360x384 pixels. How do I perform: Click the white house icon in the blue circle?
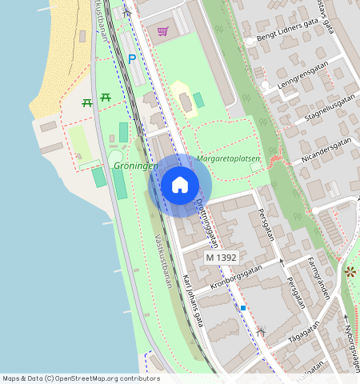tap(180, 185)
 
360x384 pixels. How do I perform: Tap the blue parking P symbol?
tap(132, 59)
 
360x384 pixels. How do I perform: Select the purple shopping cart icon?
tap(163, 32)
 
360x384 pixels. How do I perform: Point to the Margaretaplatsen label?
tap(227, 159)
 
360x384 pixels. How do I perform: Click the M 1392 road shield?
tap(221, 258)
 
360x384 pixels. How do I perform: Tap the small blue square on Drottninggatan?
tap(242, 307)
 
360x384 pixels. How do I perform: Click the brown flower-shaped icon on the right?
tap(350, 272)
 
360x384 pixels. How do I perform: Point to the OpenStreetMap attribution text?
tap(81, 378)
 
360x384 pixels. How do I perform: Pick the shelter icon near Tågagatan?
tap(261, 330)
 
